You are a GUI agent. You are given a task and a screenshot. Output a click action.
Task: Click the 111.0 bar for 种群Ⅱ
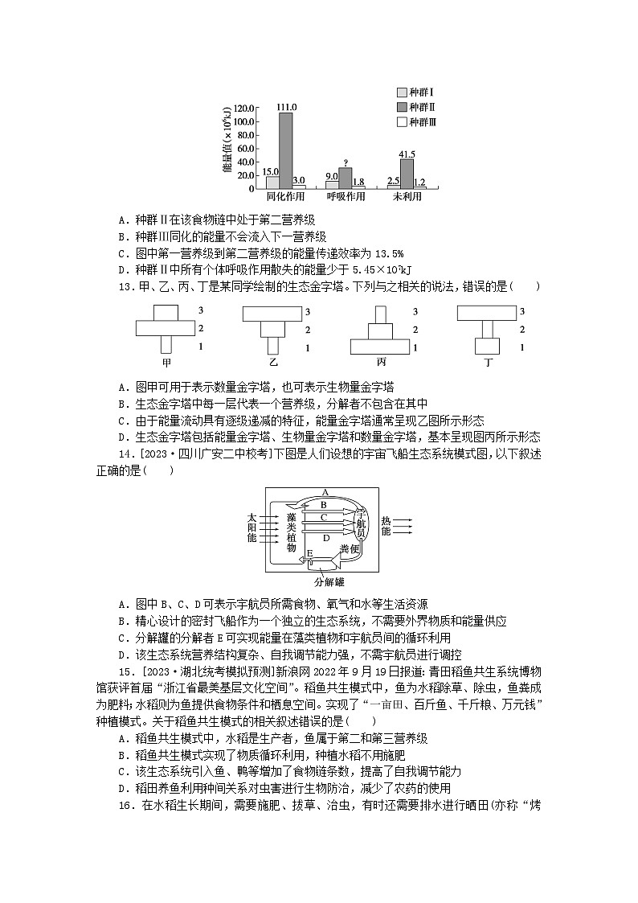[285, 150]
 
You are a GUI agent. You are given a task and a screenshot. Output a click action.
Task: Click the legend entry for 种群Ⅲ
[416, 122]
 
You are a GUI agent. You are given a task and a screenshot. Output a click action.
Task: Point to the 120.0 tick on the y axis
[243, 108]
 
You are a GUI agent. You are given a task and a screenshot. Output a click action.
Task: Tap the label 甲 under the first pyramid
[166, 362]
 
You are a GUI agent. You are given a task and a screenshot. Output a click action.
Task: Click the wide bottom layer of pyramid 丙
[382, 347]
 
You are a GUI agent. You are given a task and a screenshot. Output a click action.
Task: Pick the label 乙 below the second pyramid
[274, 362]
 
